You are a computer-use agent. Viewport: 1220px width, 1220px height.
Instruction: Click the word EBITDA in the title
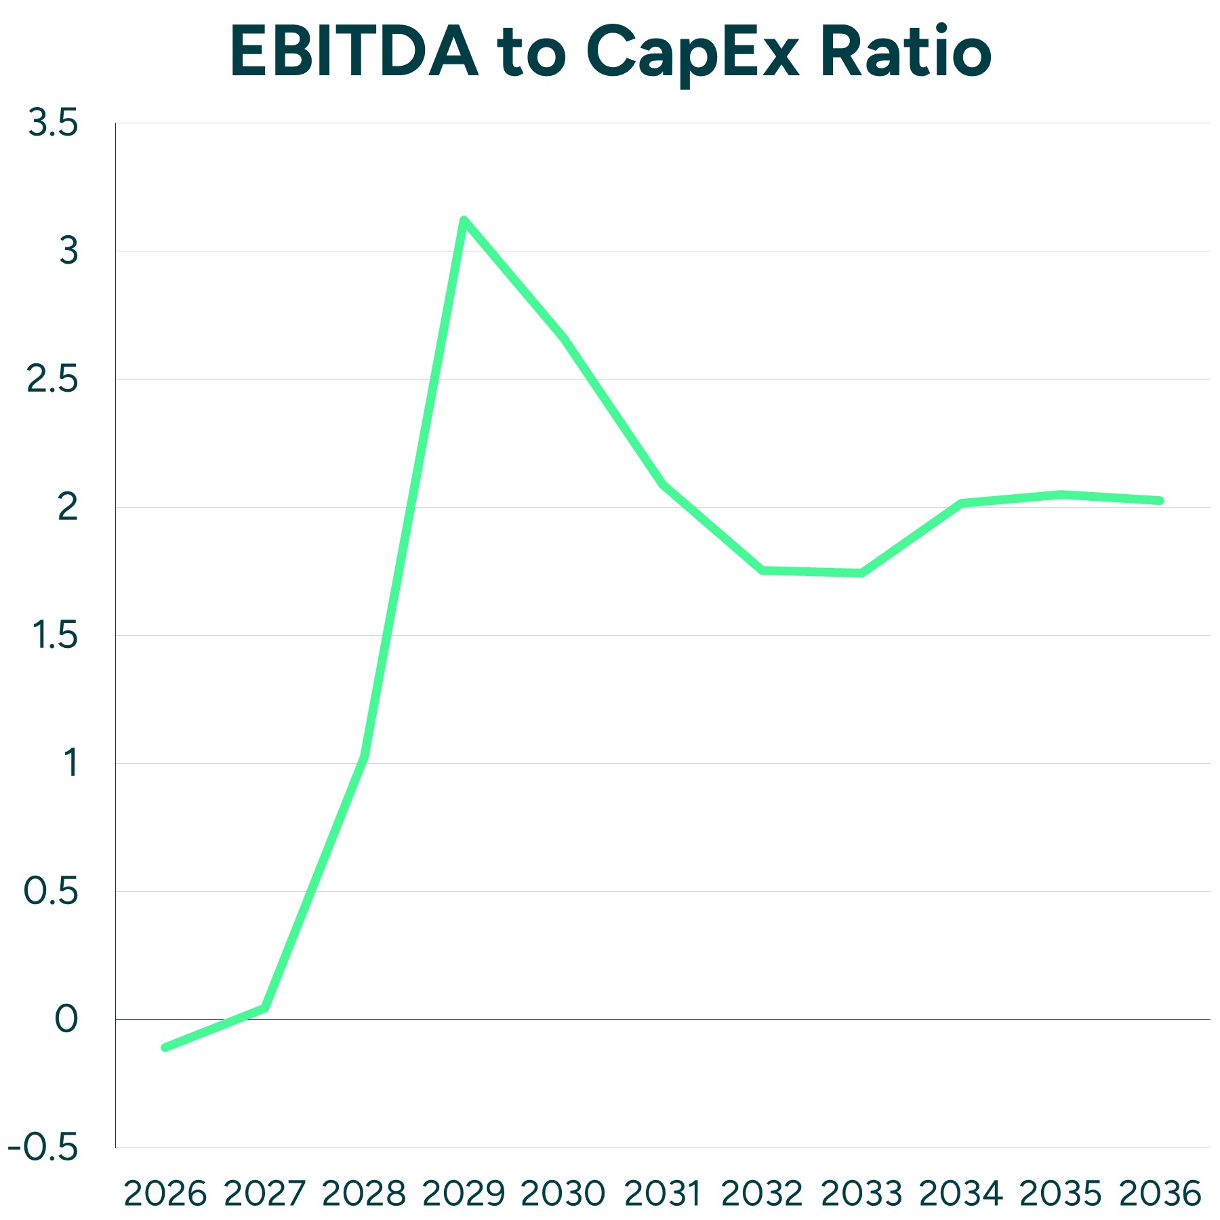coord(354,53)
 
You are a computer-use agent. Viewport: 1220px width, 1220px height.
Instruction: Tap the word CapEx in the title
coord(693,53)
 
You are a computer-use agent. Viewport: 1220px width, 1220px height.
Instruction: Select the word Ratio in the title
coord(906,53)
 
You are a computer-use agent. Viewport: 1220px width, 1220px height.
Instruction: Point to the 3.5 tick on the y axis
coord(53,123)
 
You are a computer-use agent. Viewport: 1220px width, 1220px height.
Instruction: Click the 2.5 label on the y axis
coord(53,380)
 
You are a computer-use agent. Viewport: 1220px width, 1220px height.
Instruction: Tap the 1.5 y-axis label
coord(56,636)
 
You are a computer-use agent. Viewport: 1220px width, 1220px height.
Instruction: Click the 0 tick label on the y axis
coord(66,1019)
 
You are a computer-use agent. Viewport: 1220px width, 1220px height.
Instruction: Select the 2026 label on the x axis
coord(165,1194)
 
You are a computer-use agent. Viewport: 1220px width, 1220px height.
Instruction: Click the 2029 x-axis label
coord(464,1194)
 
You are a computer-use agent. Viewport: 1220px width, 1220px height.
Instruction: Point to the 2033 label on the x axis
coord(861,1194)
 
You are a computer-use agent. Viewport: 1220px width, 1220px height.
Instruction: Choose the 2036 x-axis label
coord(1160,1194)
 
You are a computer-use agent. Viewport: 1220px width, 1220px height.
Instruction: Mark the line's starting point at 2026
coord(165,1048)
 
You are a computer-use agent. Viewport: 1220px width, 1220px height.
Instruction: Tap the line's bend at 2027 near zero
coord(265,1008)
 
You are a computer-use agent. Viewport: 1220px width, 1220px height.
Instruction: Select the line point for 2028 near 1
coord(365,756)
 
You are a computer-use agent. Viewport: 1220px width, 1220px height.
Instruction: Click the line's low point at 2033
coord(861,573)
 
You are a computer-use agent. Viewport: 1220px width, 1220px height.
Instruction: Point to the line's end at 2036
coord(1160,501)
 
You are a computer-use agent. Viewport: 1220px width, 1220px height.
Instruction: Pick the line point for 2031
coord(662,484)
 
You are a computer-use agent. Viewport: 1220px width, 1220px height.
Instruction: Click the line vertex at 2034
coord(961,503)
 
